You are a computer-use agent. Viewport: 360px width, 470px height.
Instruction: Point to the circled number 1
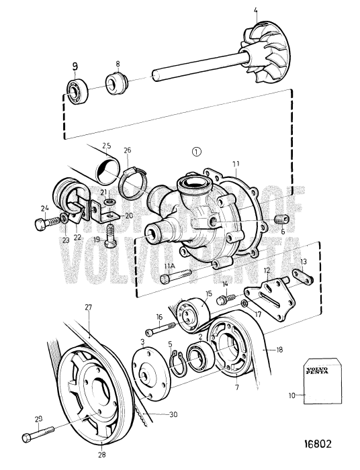196,151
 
